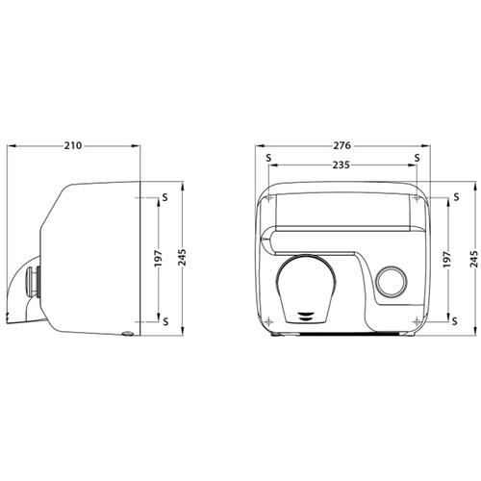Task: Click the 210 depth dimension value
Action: click(73, 145)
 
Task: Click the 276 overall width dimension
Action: click(342, 145)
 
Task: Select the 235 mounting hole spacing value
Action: click(341, 165)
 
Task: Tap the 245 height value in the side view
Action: click(182, 258)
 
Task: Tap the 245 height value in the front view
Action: click(474, 259)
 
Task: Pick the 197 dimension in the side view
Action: click(159, 259)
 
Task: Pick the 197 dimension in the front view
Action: click(447, 260)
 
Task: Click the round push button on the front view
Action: click(392, 282)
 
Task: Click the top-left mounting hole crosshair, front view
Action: click(269, 198)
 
